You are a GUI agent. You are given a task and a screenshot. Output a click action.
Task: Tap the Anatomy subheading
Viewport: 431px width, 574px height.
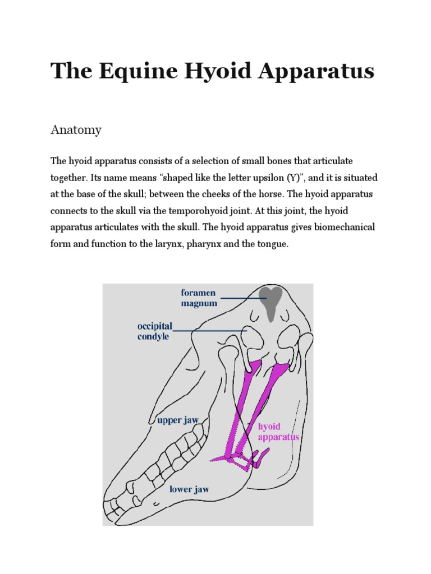pos(76,130)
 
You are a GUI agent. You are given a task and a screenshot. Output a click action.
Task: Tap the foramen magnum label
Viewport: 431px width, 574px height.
pos(198,298)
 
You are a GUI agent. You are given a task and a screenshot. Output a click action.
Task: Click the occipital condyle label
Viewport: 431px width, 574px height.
pos(155,331)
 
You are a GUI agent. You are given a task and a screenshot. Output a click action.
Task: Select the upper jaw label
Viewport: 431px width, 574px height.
pos(178,420)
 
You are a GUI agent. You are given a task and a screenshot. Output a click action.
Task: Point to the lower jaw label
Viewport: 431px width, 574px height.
pos(189,489)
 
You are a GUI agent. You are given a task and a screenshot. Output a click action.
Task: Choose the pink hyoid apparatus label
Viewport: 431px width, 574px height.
pos(278,432)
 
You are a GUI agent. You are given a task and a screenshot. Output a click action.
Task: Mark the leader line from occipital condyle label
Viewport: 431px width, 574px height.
pos(213,331)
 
